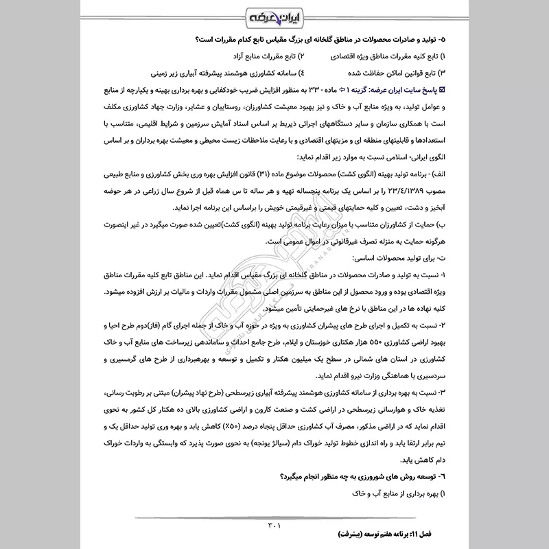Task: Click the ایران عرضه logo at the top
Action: [274, 16]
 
